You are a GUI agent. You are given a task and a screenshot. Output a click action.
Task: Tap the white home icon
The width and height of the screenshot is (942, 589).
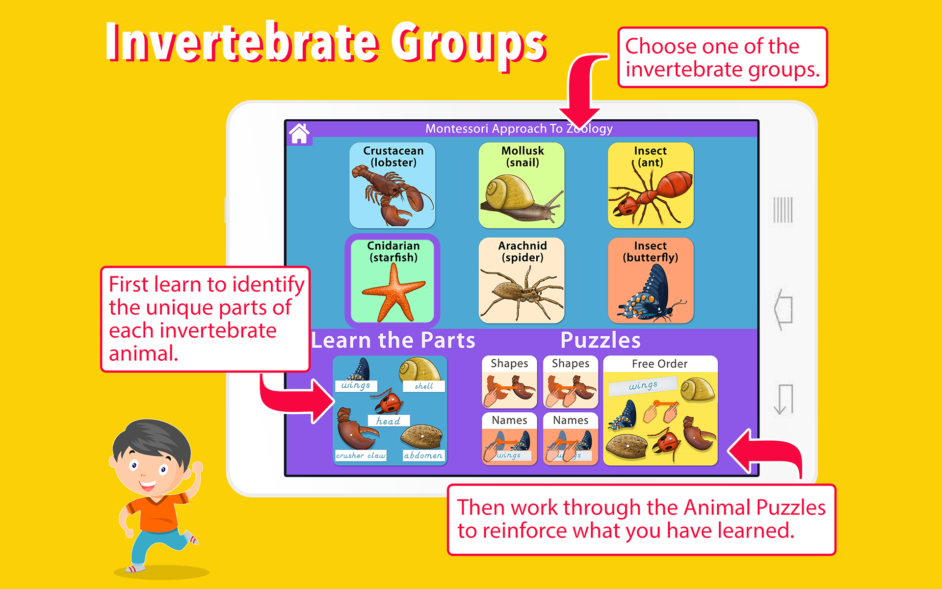[x=299, y=133]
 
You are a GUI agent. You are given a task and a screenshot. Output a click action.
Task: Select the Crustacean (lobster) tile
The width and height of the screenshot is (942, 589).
[x=392, y=186]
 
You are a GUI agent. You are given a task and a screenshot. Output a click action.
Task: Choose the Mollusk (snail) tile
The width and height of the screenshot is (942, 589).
[x=522, y=186]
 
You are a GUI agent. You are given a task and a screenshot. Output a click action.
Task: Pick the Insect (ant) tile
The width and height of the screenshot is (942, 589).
[x=651, y=186]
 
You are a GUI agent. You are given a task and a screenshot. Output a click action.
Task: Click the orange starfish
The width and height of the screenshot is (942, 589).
[x=393, y=293]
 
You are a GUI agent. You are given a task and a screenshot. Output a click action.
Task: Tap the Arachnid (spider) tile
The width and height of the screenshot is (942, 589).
[x=522, y=281]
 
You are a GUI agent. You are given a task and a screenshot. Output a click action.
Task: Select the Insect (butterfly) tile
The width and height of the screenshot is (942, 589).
[x=651, y=281]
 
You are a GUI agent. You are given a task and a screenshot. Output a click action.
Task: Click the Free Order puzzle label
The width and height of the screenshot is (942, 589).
[x=659, y=364]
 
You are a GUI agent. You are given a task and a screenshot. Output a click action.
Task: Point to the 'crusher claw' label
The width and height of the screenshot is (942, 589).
[x=361, y=455]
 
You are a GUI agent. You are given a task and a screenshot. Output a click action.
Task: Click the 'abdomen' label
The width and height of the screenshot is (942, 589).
[x=423, y=455]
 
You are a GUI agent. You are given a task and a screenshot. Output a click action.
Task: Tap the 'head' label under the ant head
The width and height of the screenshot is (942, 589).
[x=388, y=421]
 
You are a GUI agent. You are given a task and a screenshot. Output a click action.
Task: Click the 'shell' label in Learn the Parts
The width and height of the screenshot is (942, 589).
[x=424, y=386]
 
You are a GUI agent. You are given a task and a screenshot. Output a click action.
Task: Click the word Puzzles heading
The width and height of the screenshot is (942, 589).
[x=601, y=340]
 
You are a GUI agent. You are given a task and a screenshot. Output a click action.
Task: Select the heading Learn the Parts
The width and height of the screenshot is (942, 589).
[x=393, y=340]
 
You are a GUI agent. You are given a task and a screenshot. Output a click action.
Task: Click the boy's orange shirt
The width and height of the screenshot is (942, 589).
[x=157, y=513]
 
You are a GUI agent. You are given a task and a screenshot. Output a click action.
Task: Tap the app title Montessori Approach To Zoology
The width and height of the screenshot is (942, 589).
[x=519, y=129]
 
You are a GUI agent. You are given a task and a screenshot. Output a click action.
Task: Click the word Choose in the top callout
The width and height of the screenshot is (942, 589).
[x=660, y=47]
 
